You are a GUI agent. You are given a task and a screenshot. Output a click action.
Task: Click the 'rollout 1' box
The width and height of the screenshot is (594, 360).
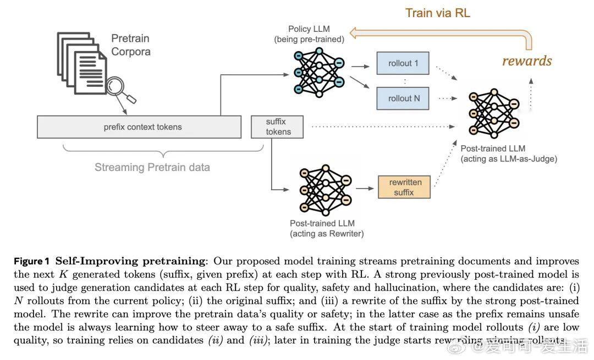[x=403, y=63]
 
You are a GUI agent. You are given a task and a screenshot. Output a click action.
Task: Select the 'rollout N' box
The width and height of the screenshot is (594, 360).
[x=403, y=98]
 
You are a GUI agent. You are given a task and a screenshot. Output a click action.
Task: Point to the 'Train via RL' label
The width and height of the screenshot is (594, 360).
[x=438, y=13]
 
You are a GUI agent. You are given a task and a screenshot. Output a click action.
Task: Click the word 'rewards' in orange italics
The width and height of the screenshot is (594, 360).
[x=526, y=60]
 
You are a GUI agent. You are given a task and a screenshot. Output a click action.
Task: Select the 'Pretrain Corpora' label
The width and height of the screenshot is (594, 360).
[x=131, y=45]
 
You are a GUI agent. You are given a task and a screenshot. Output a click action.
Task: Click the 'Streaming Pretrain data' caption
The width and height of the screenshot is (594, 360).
[x=152, y=167]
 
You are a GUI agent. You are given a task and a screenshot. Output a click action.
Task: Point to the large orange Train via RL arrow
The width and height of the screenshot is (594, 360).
[x=440, y=35]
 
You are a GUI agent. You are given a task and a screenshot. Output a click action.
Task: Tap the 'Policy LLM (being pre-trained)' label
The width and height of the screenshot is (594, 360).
[x=309, y=34]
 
